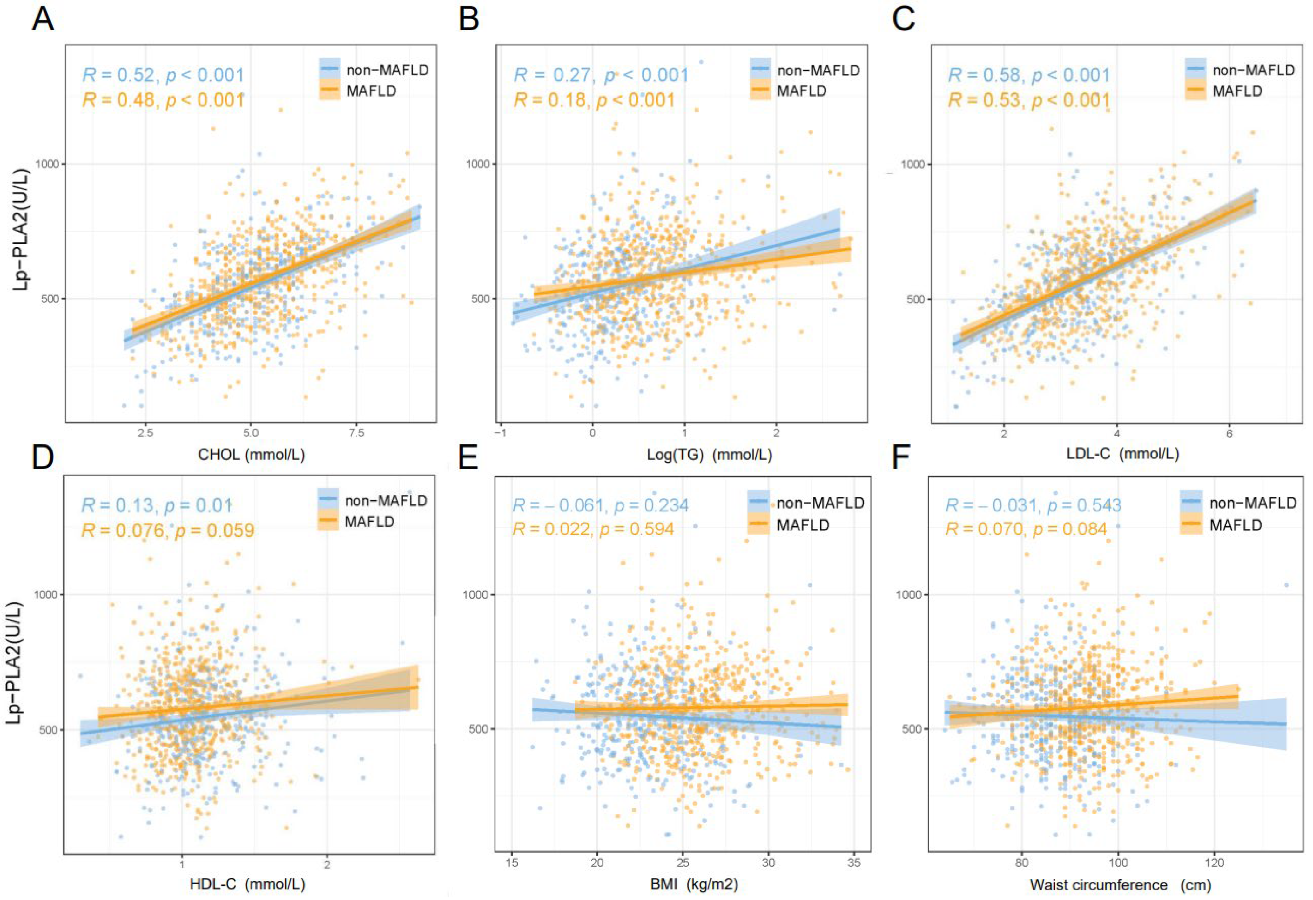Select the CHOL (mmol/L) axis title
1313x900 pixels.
coord(252,454)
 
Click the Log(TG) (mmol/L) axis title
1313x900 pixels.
coord(709,454)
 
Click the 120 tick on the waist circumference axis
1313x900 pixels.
coord(1214,863)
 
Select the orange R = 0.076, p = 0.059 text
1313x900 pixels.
coord(168,531)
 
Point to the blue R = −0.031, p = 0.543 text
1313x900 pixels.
coord(1033,505)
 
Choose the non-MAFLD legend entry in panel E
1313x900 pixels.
coord(820,503)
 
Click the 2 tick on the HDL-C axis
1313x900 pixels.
coord(327,864)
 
